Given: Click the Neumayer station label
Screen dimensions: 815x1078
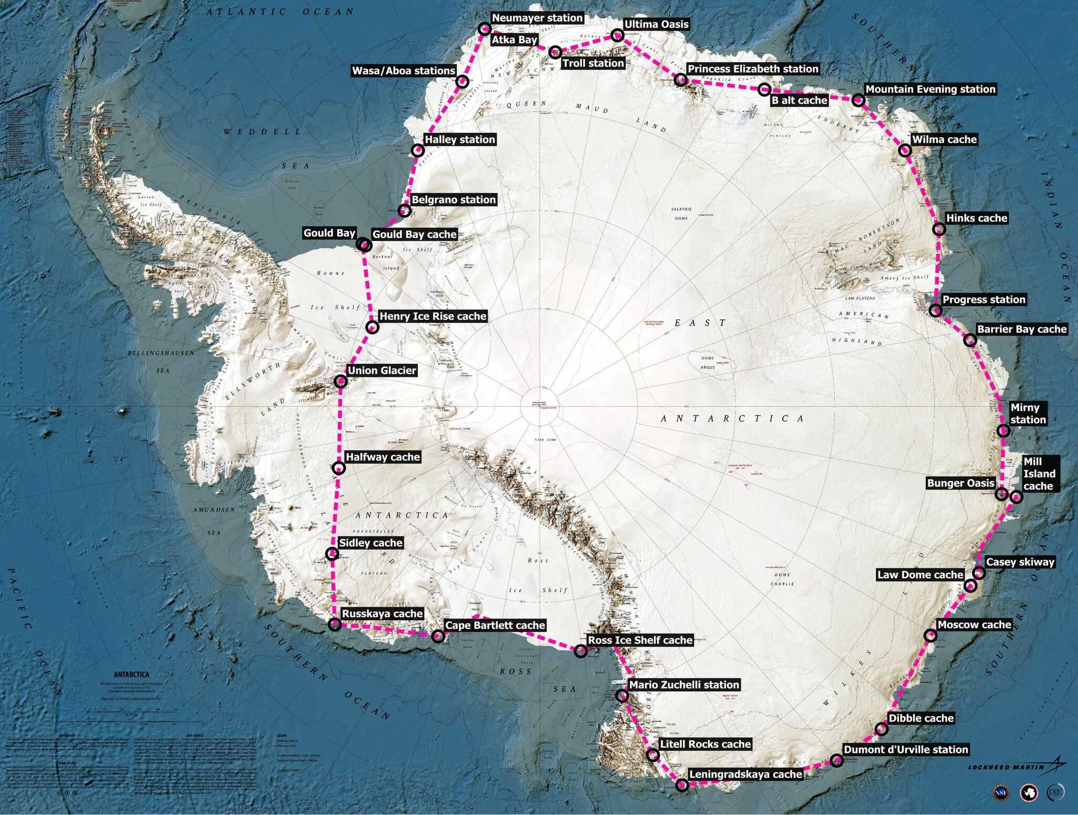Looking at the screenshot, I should [x=537, y=18].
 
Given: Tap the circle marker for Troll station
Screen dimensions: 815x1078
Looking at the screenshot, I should [x=555, y=52].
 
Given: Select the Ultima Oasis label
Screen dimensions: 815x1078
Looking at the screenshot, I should [x=656, y=24].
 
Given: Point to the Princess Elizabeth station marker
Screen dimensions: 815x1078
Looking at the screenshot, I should [x=681, y=80].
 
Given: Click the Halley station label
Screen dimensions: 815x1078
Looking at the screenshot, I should [x=460, y=140].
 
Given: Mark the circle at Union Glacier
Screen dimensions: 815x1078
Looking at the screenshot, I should [x=341, y=382].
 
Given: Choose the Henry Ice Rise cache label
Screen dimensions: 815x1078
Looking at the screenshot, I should [x=433, y=316].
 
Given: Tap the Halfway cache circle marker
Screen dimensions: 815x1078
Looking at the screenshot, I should [x=339, y=468].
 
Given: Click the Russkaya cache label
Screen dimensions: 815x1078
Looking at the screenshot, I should [x=382, y=613].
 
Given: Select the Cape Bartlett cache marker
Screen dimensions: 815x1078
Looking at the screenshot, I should [x=437, y=636].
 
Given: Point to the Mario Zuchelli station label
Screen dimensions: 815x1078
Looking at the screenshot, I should [x=684, y=684].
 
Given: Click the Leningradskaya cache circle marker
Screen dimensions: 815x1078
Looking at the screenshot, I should [x=682, y=786].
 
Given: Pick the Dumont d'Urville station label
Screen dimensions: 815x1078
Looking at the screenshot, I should [x=905, y=749].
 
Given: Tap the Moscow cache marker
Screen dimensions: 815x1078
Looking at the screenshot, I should [x=931, y=635].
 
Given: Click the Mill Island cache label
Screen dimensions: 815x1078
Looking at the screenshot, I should [x=1039, y=473].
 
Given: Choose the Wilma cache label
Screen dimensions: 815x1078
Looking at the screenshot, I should [x=944, y=140].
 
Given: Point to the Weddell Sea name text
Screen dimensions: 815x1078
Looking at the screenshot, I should [x=262, y=131].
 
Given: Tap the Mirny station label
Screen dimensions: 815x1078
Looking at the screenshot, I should [x=1025, y=414].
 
